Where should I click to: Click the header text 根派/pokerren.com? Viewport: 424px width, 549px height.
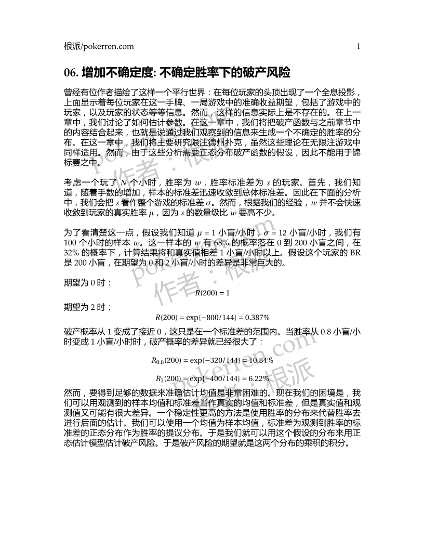(x=98, y=46)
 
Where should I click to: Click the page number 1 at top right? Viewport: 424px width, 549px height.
(x=359, y=46)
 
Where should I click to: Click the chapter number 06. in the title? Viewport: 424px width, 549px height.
(x=71, y=71)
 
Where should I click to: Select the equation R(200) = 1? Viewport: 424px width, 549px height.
(x=211, y=293)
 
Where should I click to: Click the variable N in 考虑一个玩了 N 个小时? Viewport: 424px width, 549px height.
(x=123, y=183)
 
